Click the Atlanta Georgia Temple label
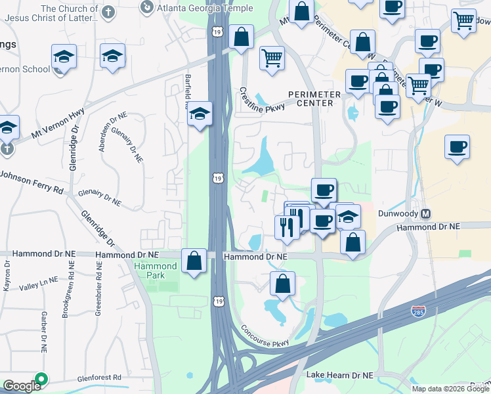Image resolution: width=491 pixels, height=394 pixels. [204, 8]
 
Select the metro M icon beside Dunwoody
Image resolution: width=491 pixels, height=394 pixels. [426, 214]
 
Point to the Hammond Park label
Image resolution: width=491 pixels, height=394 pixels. [155, 271]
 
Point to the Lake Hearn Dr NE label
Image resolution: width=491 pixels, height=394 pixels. [339, 375]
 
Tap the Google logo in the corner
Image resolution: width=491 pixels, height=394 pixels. [21, 386]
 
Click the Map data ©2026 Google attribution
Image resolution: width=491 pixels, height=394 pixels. [450, 389]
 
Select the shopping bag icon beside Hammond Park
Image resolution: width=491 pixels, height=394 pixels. [194, 261]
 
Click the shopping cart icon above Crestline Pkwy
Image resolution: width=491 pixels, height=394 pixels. [272, 57]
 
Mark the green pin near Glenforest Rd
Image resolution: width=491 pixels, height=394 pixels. [41, 380]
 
